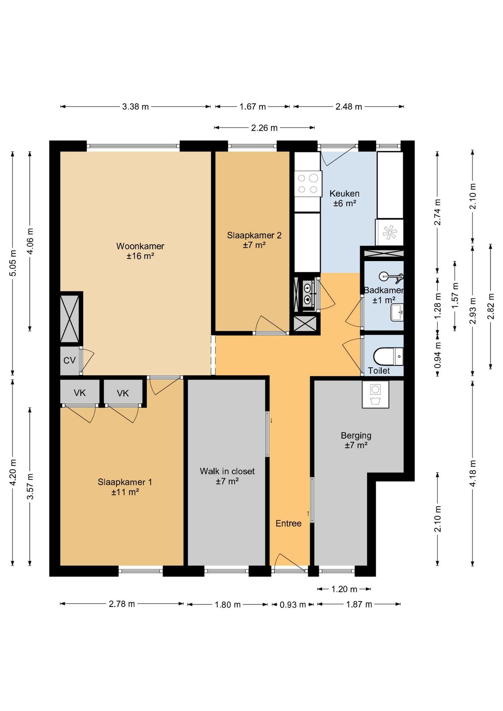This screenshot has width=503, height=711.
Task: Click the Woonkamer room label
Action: click(x=140, y=246)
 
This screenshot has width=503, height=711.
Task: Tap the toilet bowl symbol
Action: click(x=388, y=357)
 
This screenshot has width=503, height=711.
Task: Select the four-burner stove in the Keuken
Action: click(x=308, y=184)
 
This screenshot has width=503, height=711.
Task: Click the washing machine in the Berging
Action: click(x=376, y=395)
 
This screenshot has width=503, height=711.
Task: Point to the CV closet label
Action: click(x=69, y=360)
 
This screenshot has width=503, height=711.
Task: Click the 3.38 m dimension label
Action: click(x=136, y=107)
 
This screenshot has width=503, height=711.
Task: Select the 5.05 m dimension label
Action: click(x=13, y=263)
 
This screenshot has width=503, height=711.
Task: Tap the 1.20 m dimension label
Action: click(x=344, y=589)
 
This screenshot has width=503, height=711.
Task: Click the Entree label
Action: click(x=289, y=523)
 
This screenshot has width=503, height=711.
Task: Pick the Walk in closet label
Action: click(x=227, y=471)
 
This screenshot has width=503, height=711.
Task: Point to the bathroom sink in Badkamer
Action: click(x=397, y=313)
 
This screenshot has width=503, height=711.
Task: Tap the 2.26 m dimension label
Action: click(x=264, y=128)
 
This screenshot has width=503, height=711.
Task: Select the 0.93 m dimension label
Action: click(x=293, y=605)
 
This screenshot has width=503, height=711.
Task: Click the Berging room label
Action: click(x=356, y=435)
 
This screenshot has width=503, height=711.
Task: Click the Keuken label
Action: click(x=344, y=193)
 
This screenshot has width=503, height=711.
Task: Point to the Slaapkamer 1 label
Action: click(x=125, y=482)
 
